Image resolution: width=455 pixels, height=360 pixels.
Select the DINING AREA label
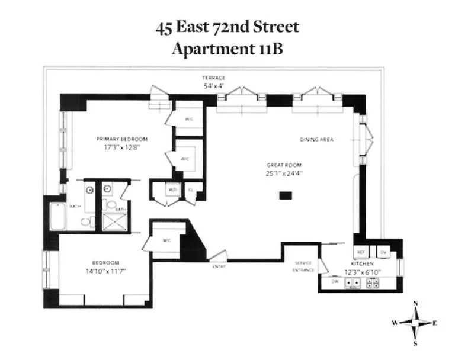point(316,140)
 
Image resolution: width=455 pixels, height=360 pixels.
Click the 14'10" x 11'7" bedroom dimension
point(105,271)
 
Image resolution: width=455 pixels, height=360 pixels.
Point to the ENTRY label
point(219,266)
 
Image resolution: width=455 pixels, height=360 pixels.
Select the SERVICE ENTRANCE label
point(303,267)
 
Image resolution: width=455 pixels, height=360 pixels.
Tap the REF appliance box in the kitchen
point(360,252)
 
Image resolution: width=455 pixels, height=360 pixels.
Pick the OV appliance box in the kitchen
point(383,252)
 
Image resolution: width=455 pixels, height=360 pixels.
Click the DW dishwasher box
point(335,282)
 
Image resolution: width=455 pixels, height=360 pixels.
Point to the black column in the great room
point(286,195)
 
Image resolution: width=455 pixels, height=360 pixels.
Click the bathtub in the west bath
point(58,217)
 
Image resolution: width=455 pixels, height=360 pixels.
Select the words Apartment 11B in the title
point(227,50)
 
